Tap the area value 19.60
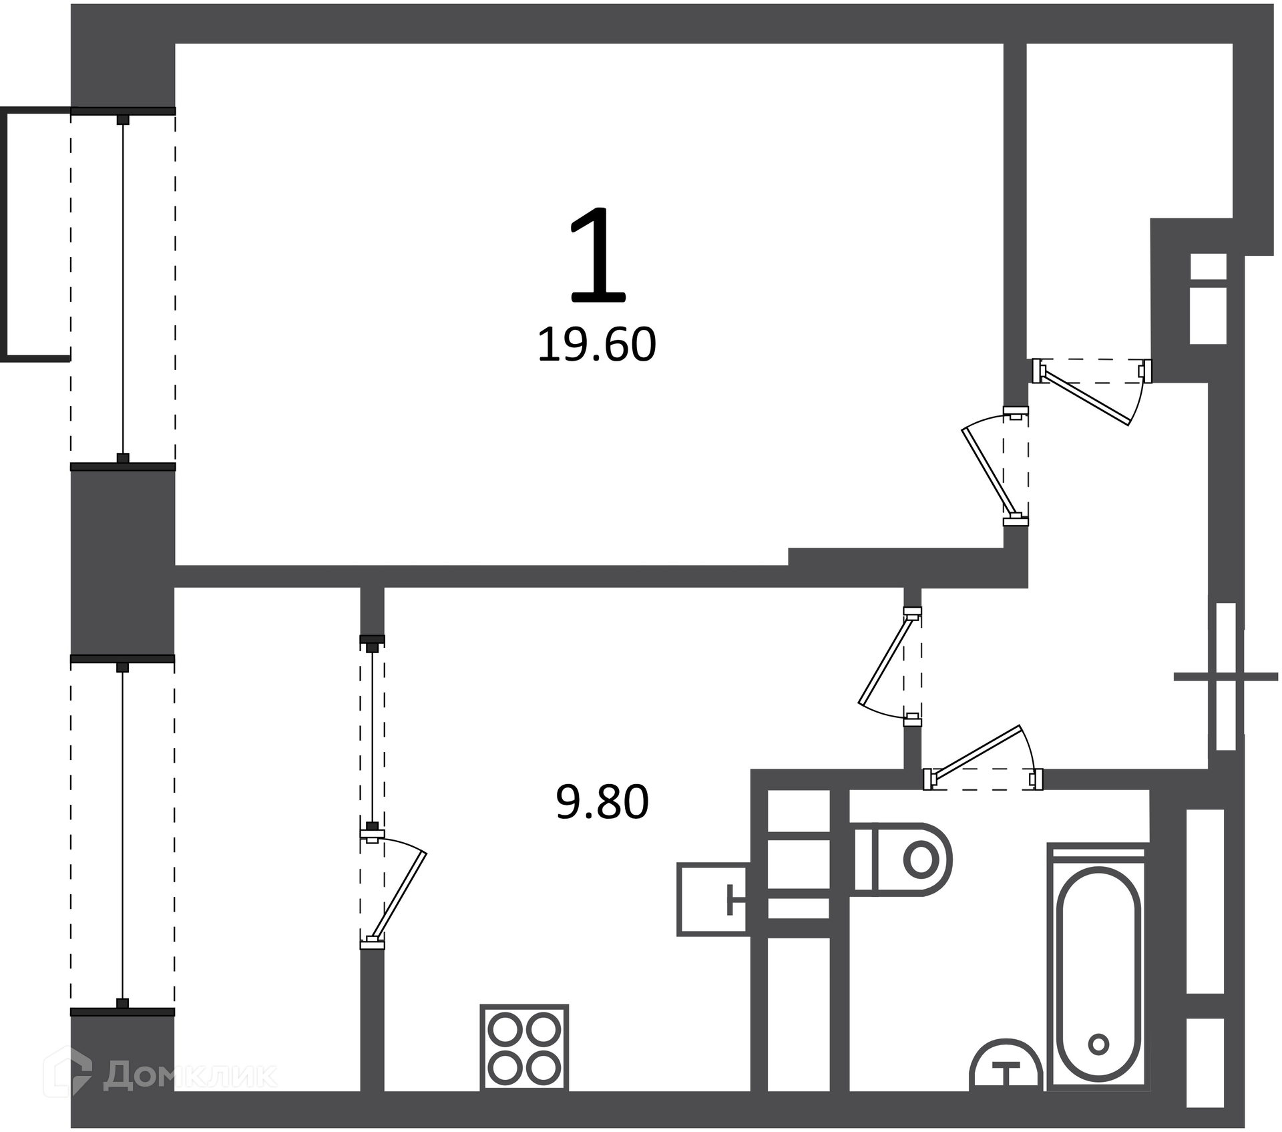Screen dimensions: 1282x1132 [x=597, y=345]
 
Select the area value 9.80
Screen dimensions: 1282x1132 [x=602, y=802]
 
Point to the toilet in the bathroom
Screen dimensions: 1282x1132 [x=902, y=860]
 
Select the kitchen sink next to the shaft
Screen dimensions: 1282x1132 [x=712, y=899]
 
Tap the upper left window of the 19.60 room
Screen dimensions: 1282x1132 [x=123, y=289]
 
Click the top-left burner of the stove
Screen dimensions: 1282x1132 [x=505, y=1030]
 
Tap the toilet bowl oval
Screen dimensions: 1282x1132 [x=921, y=860]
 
